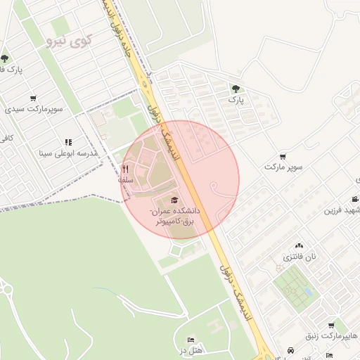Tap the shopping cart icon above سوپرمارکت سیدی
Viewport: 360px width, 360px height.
pos(33,98)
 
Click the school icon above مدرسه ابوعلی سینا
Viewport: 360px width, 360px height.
pos(68,143)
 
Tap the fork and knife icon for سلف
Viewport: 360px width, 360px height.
pos(126,169)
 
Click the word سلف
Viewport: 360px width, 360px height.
pos(126,180)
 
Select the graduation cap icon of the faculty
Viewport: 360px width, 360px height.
pos(174,200)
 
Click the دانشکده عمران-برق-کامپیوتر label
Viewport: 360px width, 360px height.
pos(175,216)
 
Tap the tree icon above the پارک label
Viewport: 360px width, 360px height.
pos(235,89)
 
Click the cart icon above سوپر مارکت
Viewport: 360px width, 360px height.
pos(283,156)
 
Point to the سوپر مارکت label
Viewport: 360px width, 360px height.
pos(283,167)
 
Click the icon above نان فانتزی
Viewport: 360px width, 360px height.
pos(300,246)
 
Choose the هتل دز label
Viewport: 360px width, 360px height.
pos(190,350)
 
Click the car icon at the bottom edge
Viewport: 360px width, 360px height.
pos(291,351)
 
